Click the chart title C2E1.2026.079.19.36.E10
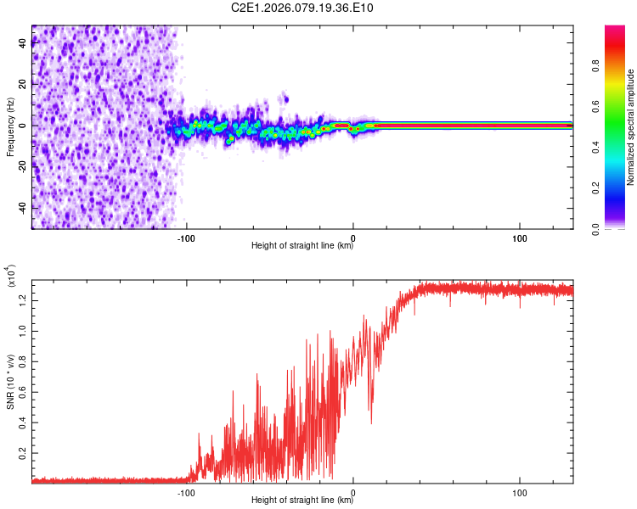pos(302,8)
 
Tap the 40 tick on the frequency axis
pos(23,43)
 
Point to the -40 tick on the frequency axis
pos(23,207)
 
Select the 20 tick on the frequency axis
pos(23,84)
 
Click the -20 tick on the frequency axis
pos(23,166)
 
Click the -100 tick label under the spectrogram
pos(186,237)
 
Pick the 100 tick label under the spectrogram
pos(520,237)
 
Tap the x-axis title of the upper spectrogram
pos(302,247)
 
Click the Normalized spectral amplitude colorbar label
pos(631,126)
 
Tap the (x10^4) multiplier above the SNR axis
pos(11,278)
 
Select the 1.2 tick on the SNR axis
pos(23,298)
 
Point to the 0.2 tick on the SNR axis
pos(23,454)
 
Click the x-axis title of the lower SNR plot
pos(302,500)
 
